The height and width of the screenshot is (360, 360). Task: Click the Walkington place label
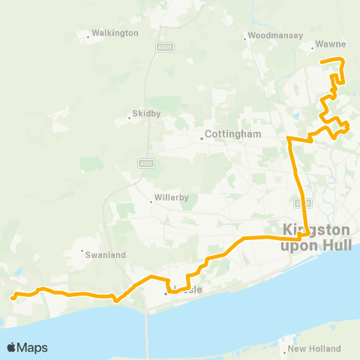pyautogui.click(x=114, y=34)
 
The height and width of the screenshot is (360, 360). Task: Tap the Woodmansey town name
pyautogui.click(x=276, y=35)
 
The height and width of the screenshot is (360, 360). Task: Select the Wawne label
pyautogui.click(x=330, y=44)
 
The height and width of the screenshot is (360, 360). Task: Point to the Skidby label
pyautogui.click(x=147, y=114)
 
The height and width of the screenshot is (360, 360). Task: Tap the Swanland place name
pyautogui.click(x=107, y=255)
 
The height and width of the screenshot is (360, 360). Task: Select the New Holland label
pyautogui.click(x=314, y=349)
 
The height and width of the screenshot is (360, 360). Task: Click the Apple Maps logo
pyautogui.click(x=27, y=347)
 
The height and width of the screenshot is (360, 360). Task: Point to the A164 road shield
pyautogui.click(x=145, y=162)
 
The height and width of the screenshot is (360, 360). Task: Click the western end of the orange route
pyautogui.click(x=13, y=298)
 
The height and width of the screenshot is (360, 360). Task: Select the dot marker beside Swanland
pyautogui.click(x=82, y=250)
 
